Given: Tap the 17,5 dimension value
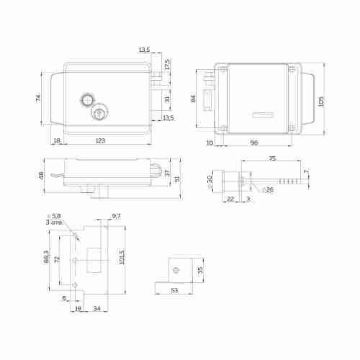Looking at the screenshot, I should (167, 63).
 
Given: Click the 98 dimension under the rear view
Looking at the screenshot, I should (254, 143).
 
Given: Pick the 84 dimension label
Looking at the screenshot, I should (193, 98).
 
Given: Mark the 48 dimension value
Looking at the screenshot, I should (41, 176).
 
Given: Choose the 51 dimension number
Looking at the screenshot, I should (178, 179).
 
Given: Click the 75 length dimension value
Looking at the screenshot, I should (272, 158).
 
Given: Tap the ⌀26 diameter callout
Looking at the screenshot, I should (268, 189).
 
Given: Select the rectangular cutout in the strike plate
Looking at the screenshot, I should (94, 258).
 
